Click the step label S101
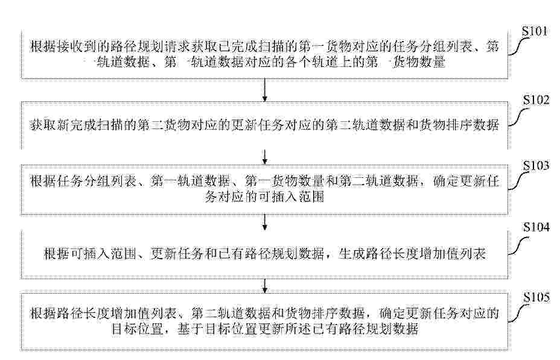point(534,32)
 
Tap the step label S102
point(536,100)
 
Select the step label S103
point(536,166)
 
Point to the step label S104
point(536,227)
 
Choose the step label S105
point(536,297)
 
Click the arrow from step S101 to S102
point(265,90)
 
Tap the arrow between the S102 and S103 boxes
point(265,157)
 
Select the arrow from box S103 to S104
point(265,223)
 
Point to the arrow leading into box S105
point(265,286)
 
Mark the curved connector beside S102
point(518,116)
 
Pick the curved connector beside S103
point(518,181)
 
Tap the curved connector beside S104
point(518,246)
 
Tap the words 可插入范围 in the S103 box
point(291,196)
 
